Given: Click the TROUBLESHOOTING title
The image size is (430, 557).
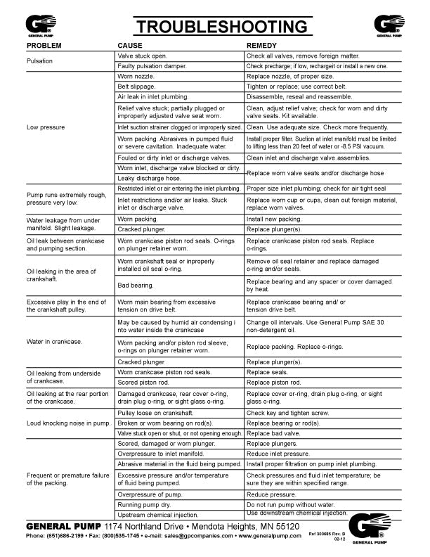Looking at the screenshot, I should point(221,27).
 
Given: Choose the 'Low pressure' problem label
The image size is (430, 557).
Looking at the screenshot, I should point(46,127).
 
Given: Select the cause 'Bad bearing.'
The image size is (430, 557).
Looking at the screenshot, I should point(136,286).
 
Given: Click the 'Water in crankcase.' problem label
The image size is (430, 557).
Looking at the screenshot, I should point(54,342).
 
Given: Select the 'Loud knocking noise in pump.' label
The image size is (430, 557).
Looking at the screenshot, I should point(69,423).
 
